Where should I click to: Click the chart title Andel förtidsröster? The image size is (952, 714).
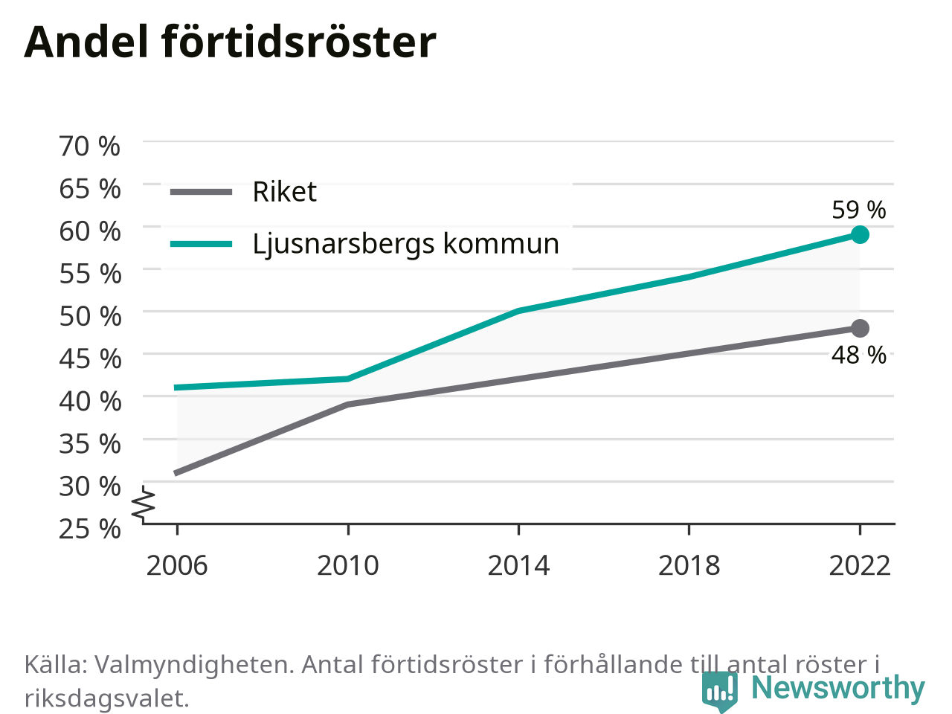[230, 42]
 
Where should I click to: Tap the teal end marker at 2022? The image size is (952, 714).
[860, 234]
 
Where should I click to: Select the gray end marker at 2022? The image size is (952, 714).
[860, 328]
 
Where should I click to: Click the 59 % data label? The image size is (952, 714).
[859, 210]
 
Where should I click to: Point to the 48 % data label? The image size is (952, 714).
[859, 356]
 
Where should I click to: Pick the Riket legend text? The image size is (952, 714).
[285, 192]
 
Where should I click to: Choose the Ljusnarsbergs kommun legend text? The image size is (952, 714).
[406, 244]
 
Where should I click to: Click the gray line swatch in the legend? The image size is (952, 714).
[202, 192]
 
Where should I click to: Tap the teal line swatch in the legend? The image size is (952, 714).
[202, 244]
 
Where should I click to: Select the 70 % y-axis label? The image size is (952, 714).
[89, 146]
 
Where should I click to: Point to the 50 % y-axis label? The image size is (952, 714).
[90, 316]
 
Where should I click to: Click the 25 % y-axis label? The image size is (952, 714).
[90, 529]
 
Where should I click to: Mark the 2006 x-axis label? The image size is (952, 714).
[177, 566]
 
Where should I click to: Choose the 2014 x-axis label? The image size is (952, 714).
[518, 566]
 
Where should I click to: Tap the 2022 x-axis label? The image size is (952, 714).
[860, 566]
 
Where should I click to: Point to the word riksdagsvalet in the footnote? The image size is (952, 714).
[106, 698]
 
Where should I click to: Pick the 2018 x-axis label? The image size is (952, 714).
[689, 566]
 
